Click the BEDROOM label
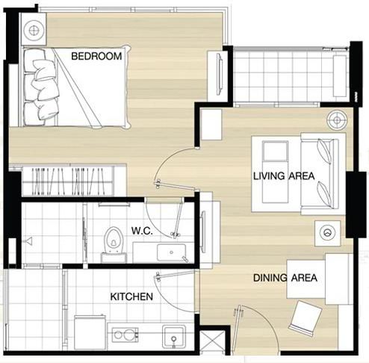point(96,56)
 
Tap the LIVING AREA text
point(284,176)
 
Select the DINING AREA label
point(285,278)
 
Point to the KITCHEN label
point(131,297)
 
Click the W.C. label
point(142,231)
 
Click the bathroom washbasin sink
point(171,252)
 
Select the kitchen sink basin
point(174,336)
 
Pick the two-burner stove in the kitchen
point(125,335)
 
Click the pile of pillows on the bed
point(45,88)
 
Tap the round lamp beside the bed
point(34,31)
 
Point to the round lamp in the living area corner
point(337,120)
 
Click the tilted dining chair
point(306,318)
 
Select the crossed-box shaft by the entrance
point(212,340)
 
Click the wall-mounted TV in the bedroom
point(220,74)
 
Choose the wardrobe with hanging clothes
point(68,181)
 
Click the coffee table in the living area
point(275,172)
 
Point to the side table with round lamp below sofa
point(327,233)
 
